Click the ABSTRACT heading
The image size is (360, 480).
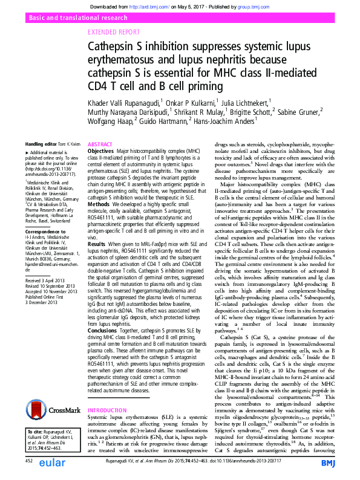(x=100, y=145)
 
